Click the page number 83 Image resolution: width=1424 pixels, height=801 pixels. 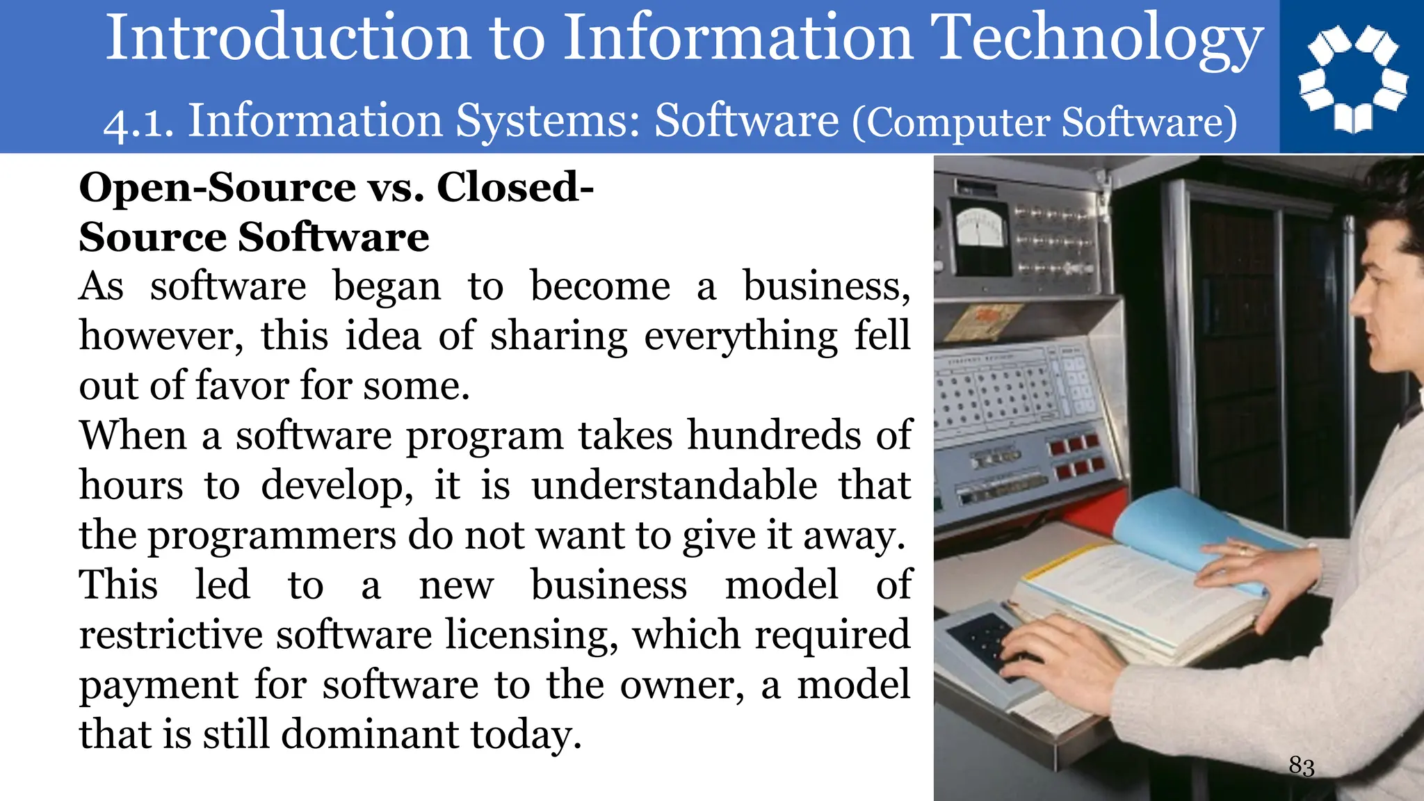(x=1301, y=766)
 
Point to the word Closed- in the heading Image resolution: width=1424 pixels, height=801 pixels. (x=515, y=188)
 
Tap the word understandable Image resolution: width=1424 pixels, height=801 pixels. (x=674, y=486)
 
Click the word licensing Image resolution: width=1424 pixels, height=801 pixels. (x=531, y=636)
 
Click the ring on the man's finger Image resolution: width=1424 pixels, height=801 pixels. (x=1243, y=550)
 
